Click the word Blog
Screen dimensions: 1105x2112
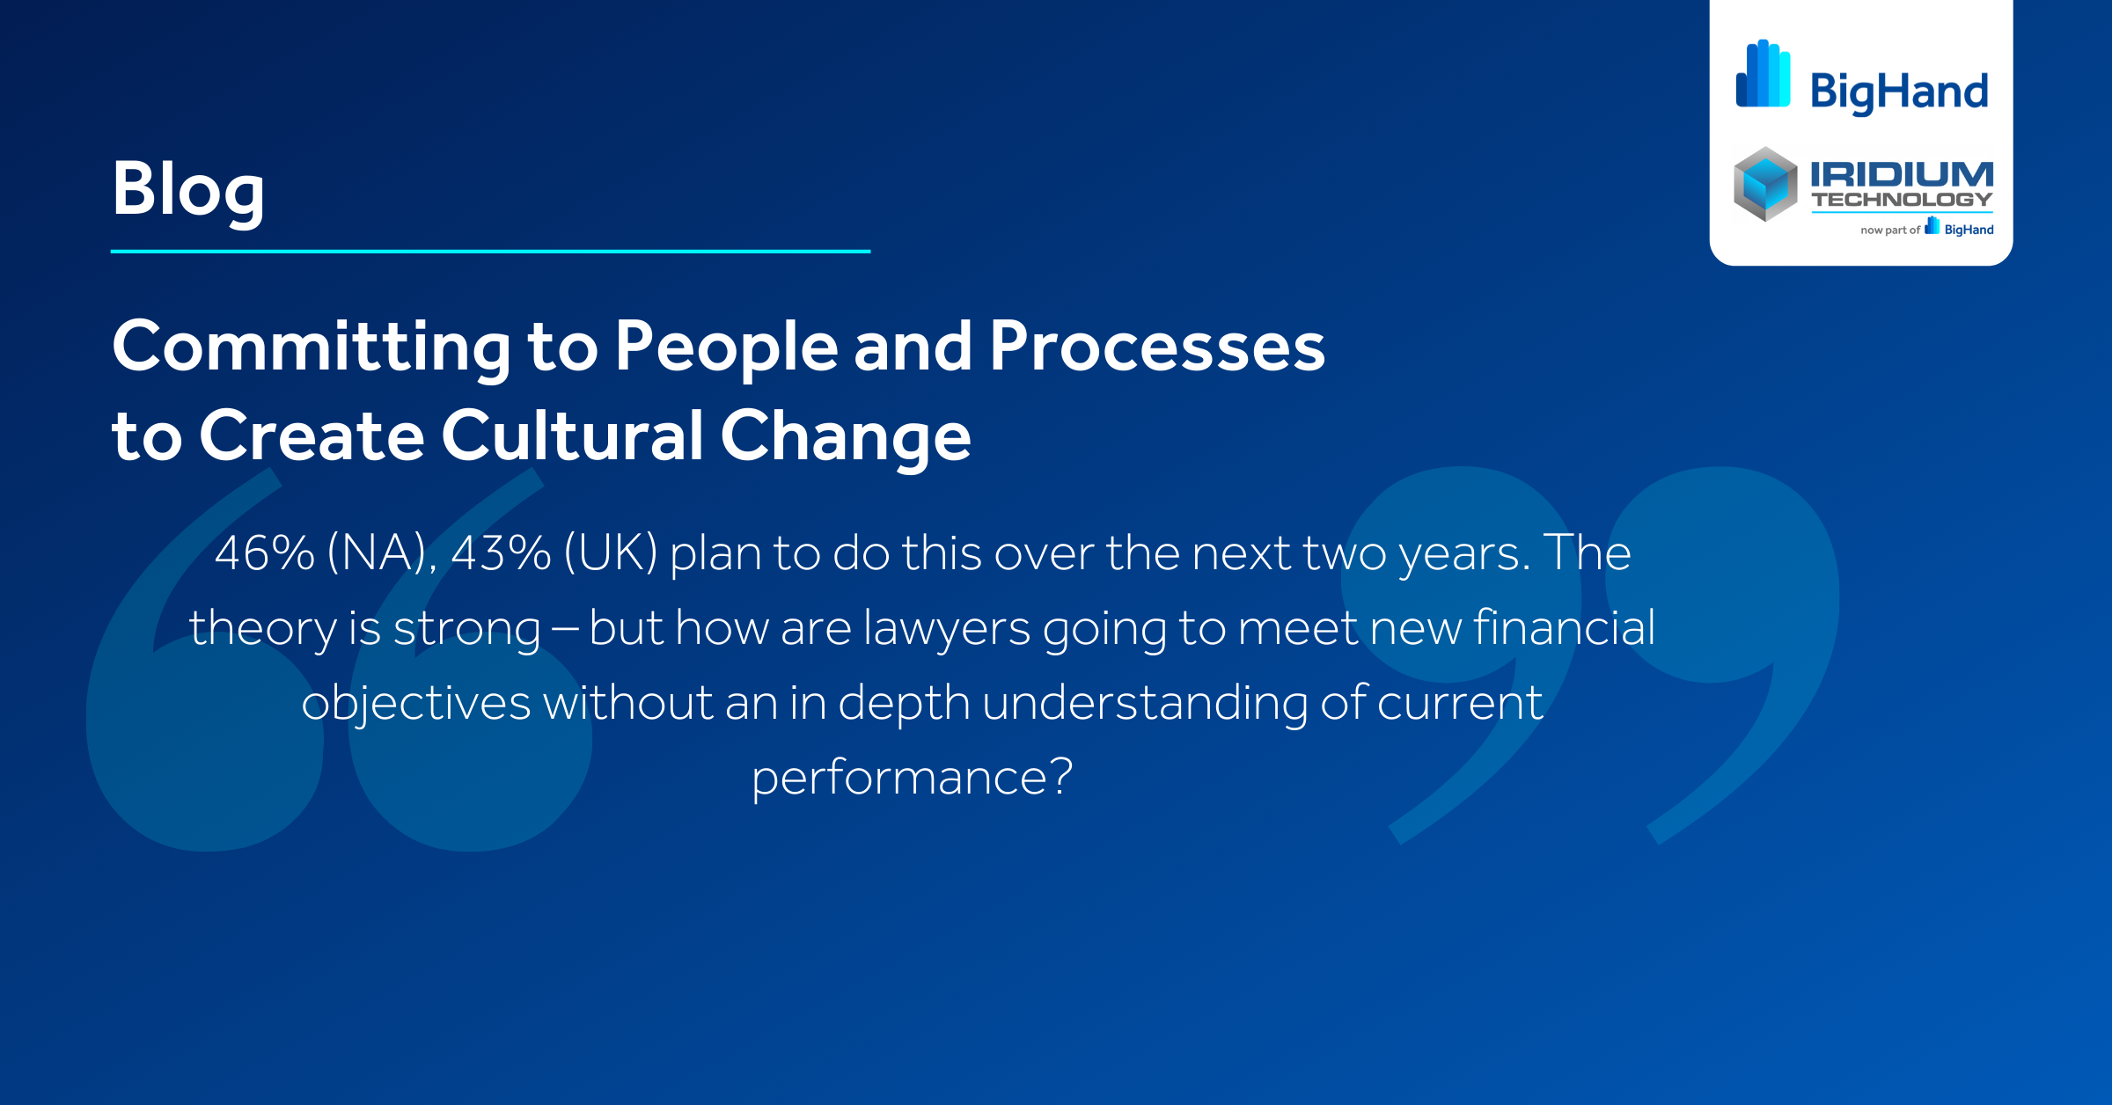pyautogui.click(x=187, y=189)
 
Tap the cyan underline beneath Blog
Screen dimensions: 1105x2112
pyautogui.click(x=490, y=252)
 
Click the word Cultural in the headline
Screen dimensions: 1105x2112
pyautogui.click(x=572, y=435)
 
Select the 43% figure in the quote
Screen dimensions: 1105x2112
pyautogui.click(x=501, y=554)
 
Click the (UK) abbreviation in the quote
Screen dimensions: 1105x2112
pyautogui.click(x=611, y=554)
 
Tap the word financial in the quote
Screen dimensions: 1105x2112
pyautogui.click(x=1564, y=628)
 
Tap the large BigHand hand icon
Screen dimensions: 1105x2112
pyautogui.click(x=1763, y=74)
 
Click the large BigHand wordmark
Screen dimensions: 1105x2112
pyautogui.click(x=1899, y=91)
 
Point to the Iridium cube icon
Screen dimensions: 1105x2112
pyautogui.click(x=1765, y=184)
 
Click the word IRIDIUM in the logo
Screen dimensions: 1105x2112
pyautogui.click(x=1902, y=173)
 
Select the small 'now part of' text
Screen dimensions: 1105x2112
pyautogui.click(x=1889, y=231)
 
